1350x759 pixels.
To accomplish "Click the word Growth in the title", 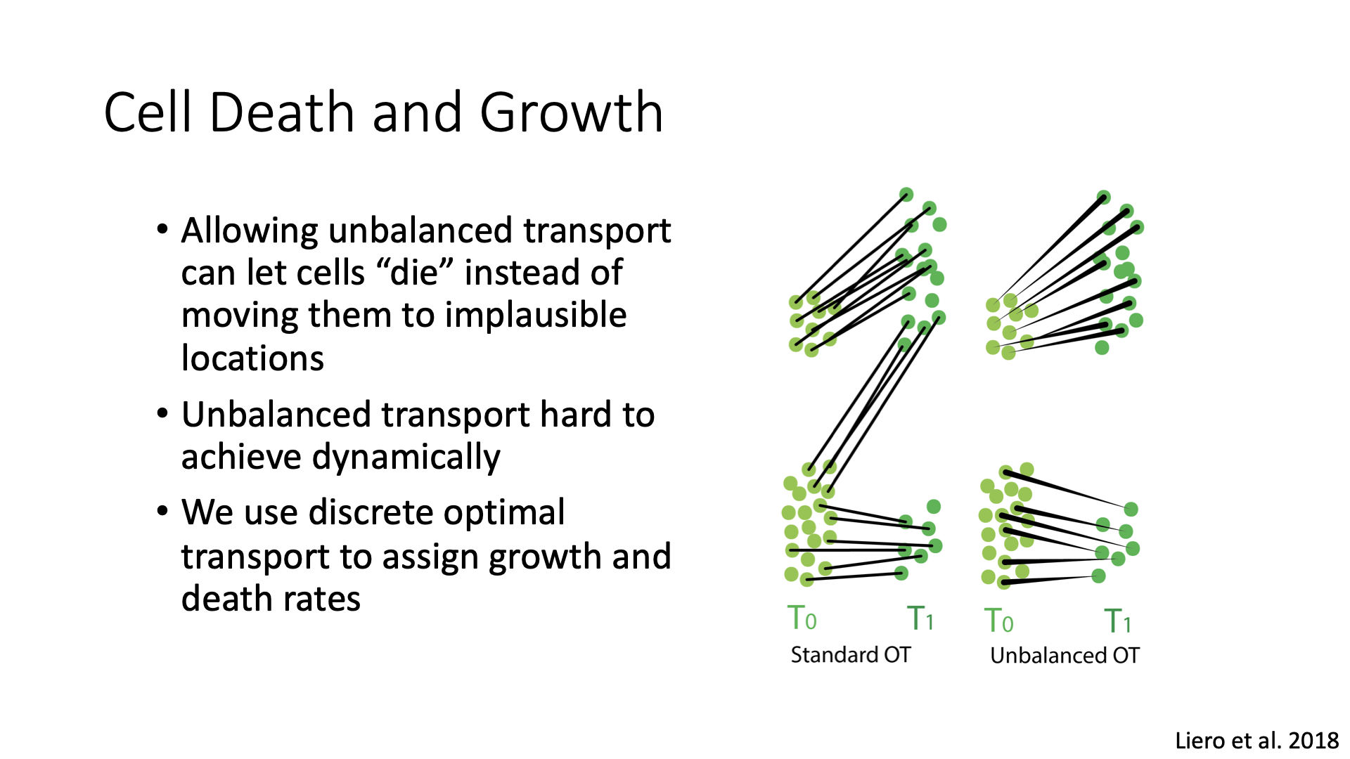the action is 572,112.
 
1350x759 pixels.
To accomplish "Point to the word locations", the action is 252,358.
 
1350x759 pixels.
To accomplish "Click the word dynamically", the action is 406,458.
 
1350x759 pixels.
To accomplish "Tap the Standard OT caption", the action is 850,655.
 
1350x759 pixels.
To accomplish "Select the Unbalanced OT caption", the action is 1065,656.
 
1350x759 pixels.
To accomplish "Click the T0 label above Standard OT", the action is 802,618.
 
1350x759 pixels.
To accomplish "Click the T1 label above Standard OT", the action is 920,618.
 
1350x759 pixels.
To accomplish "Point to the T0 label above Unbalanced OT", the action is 998,621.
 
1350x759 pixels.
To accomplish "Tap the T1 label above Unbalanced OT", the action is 1118,621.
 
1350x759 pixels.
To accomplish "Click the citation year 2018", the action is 1314,741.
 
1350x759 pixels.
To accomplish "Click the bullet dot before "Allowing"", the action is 163,231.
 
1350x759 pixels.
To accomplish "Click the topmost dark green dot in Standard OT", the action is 906,195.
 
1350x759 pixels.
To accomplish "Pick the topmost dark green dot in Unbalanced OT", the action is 1104,197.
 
